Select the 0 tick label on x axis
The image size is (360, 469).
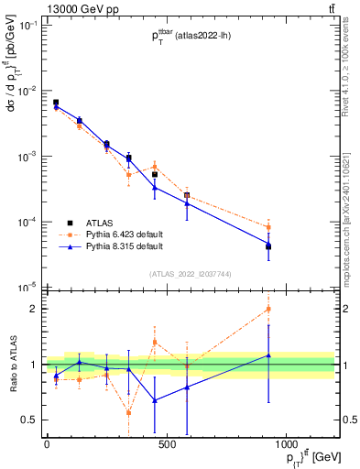47,444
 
